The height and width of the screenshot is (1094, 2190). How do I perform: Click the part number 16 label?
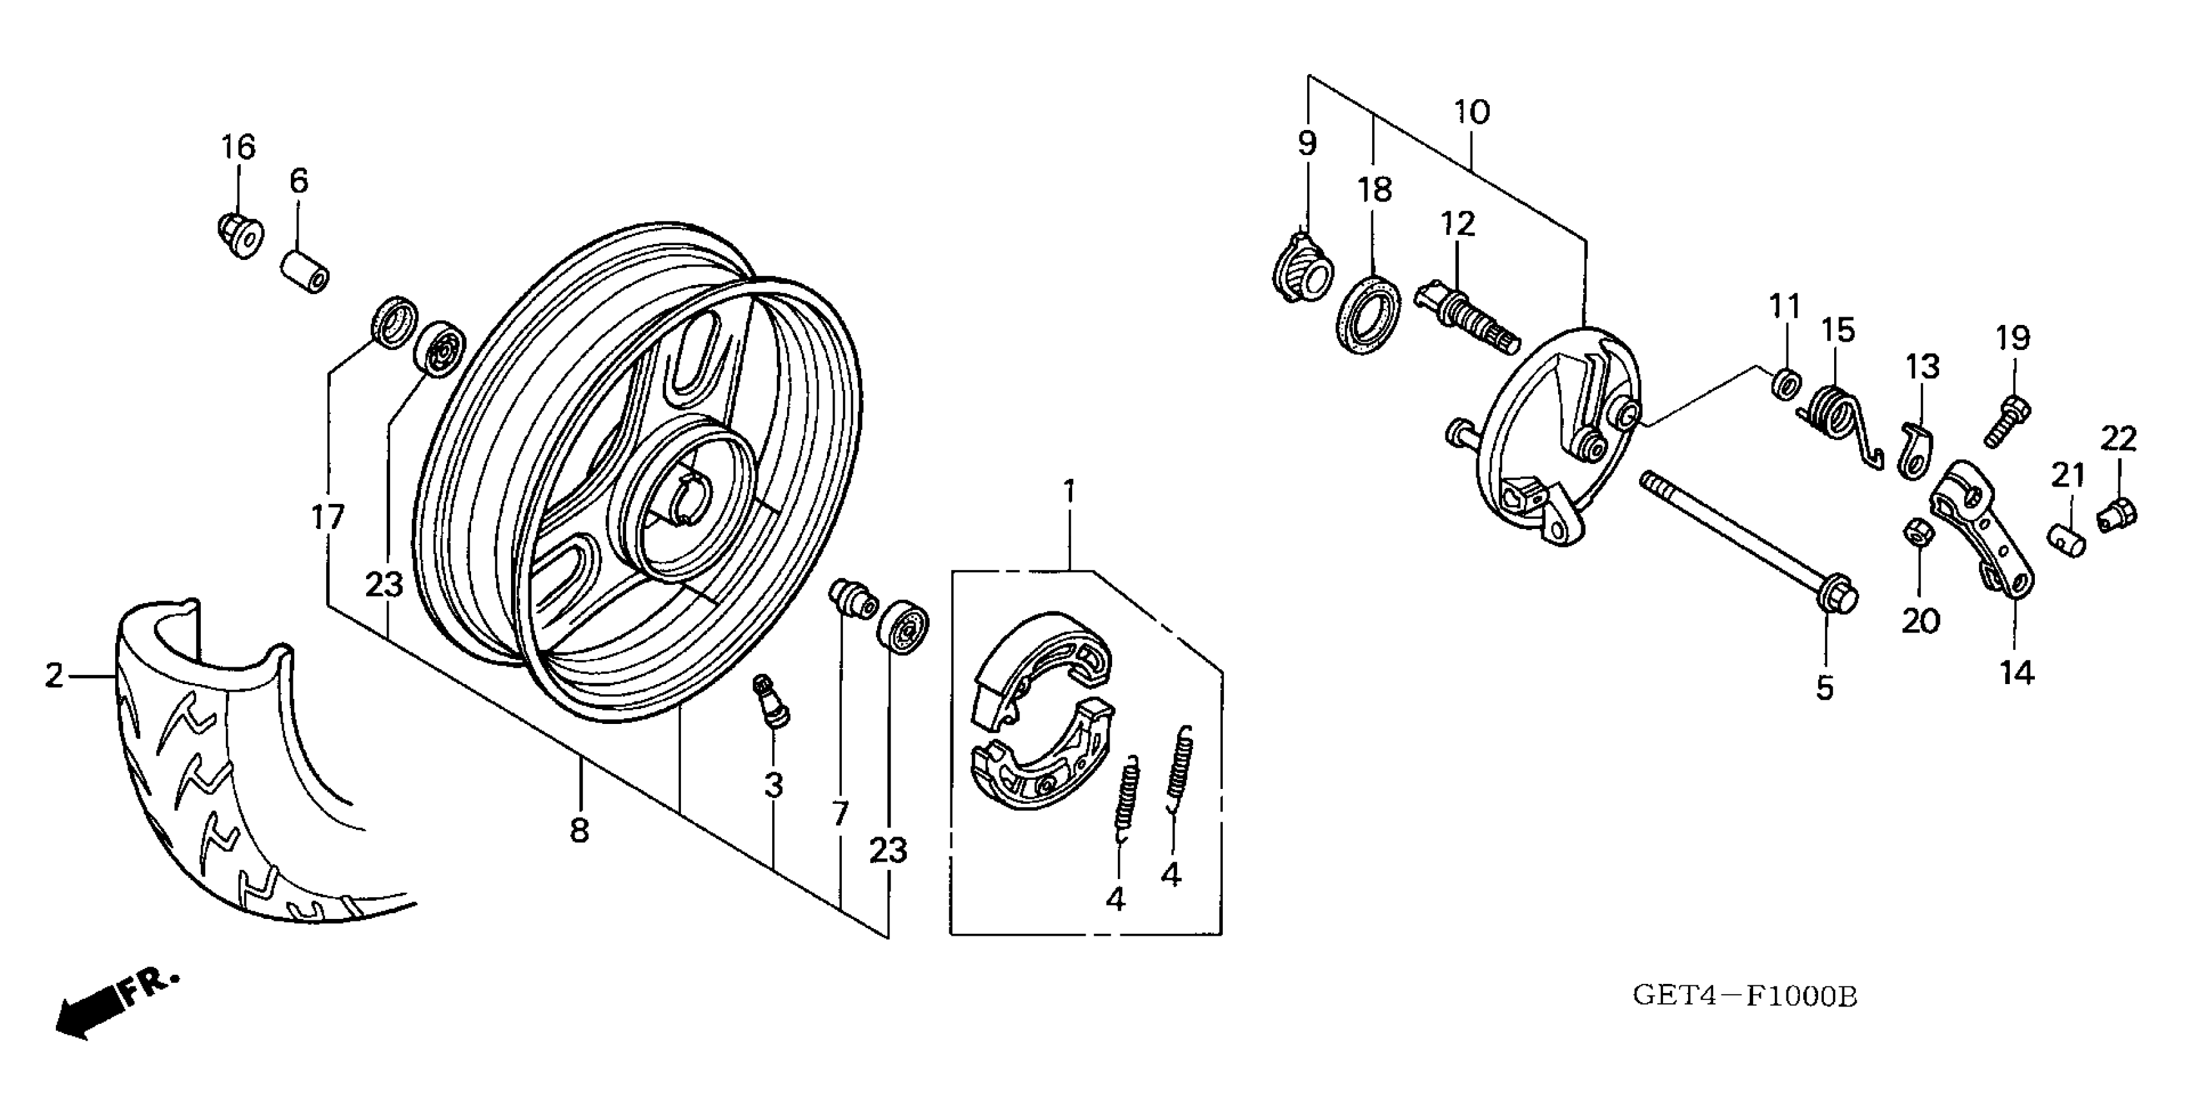tap(238, 147)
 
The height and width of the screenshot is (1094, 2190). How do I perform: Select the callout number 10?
tap(1472, 112)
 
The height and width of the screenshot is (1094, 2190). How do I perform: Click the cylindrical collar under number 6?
tap(305, 268)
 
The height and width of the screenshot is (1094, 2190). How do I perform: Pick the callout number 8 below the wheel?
tap(579, 830)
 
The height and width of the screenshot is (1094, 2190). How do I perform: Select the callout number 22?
tap(2118, 440)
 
